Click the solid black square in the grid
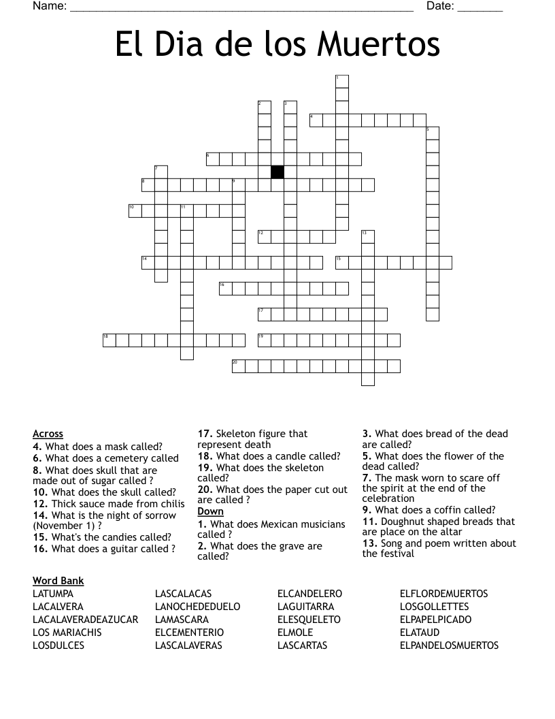277,172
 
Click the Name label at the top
49,6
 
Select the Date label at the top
439,6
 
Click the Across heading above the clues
48,434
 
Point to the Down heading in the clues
210,511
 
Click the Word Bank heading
58,581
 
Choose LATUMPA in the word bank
53,594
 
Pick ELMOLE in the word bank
295,633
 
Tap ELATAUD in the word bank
420,633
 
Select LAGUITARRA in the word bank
305,607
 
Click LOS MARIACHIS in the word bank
67,633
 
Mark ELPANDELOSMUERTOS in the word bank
449,645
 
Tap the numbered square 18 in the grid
110,340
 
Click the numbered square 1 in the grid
341,81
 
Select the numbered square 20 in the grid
238,366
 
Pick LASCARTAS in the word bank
302,645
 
